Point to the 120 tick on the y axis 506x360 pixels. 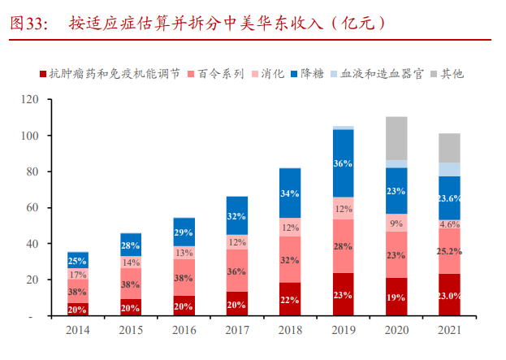pyautogui.click(x=30, y=100)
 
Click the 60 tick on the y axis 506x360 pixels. pyautogui.click(x=32, y=208)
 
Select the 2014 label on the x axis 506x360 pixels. pyautogui.click(x=78, y=331)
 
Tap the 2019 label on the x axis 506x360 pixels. pyautogui.click(x=343, y=331)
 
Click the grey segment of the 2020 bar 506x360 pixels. pyautogui.click(x=396, y=138)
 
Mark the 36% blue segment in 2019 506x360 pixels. pyautogui.click(x=343, y=163)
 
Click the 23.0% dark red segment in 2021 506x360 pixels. pyautogui.click(x=449, y=296)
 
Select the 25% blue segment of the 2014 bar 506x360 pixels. pyautogui.click(x=78, y=260)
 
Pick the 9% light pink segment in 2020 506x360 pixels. pyautogui.click(x=396, y=223)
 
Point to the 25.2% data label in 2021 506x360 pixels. pyautogui.click(x=449, y=250)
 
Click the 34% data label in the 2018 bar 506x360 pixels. pyautogui.click(x=290, y=193)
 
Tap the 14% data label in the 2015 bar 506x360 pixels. pyautogui.click(x=131, y=262)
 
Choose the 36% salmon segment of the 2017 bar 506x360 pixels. pyautogui.click(x=236, y=271)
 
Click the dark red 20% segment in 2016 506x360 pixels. pyautogui.click(x=184, y=306)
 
